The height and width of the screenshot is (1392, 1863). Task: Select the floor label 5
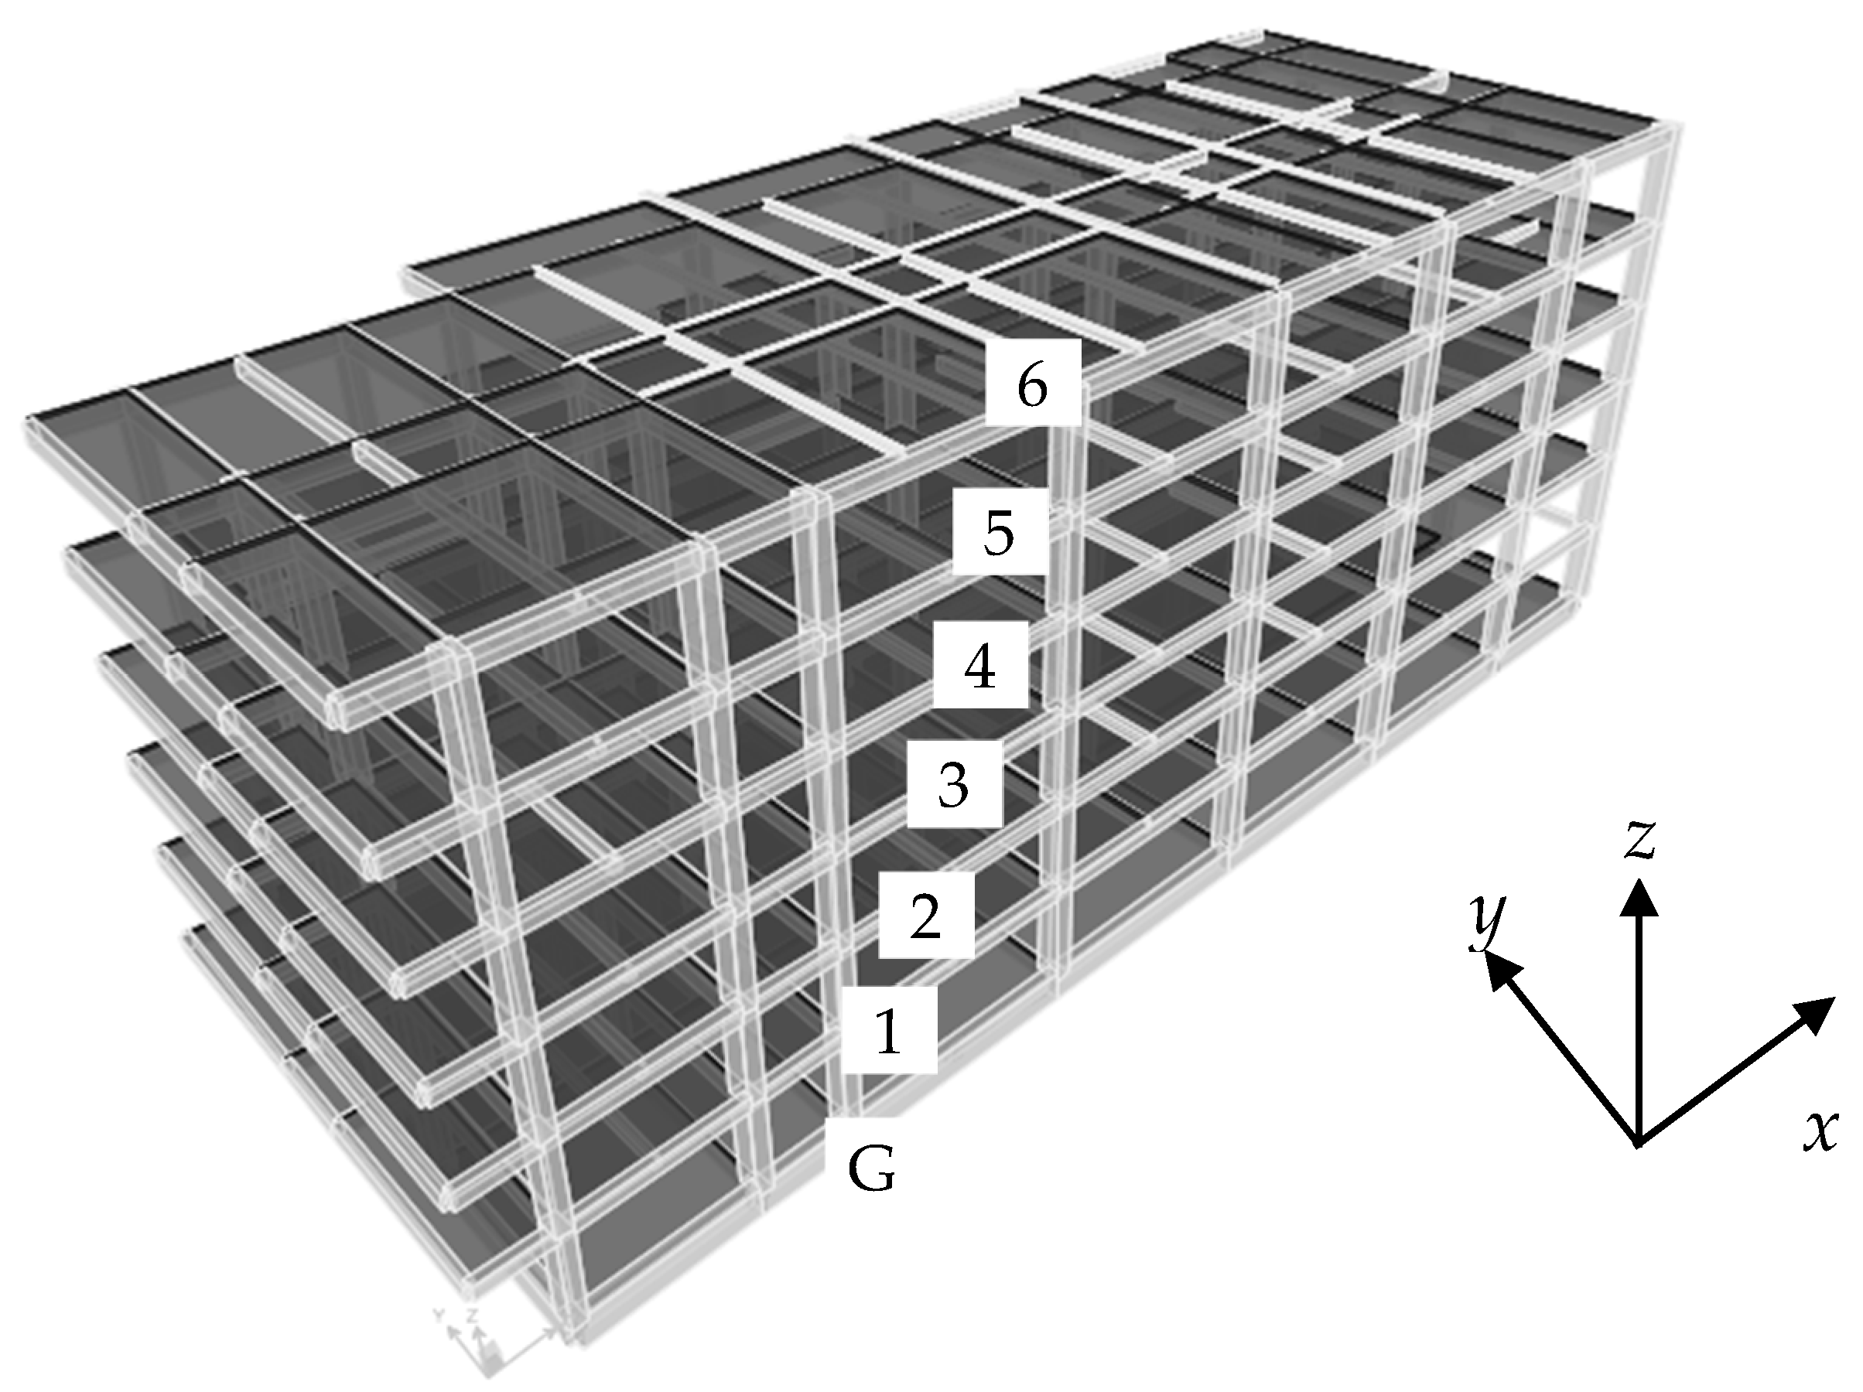click(x=999, y=532)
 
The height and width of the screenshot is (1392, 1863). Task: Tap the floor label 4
click(x=979, y=667)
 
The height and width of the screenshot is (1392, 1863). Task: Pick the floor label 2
click(x=925, y=916)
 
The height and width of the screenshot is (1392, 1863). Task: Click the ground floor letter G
click(x=872, y=1169)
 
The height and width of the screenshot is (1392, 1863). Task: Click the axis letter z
click(x=1640, y=841)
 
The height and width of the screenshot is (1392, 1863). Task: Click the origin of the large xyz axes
click(x=1638, y=1144)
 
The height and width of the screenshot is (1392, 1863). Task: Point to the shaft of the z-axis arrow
click(x=1639, y=1027)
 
